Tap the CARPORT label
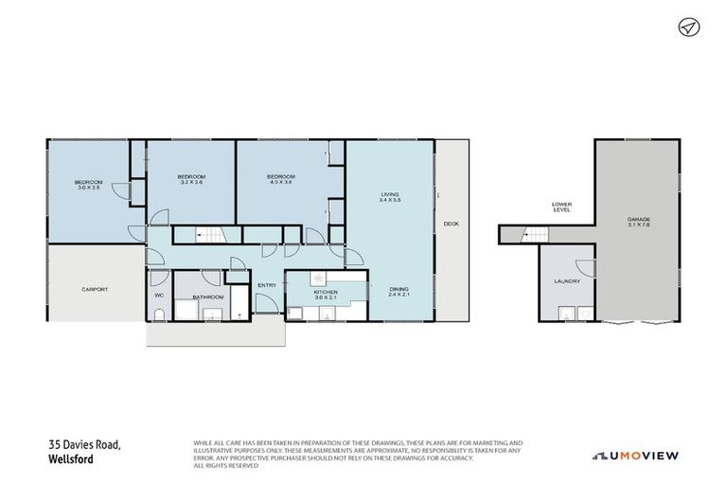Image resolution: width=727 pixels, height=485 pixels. click(x=94, y=289)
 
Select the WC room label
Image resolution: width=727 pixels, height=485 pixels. click(x=158, y=296)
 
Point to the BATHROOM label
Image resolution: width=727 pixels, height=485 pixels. click(x=207, y=297)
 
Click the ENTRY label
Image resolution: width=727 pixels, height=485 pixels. click(x=266, y=284)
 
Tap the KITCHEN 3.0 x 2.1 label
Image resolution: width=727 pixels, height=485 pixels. click(x=326, y=295)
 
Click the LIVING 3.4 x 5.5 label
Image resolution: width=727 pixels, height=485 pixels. click(x=391, y=197)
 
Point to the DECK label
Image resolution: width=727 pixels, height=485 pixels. click(x=452, y=224)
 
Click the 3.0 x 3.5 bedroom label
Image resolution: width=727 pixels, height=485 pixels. click(x=89, y=185)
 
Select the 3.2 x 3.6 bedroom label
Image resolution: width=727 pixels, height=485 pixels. click(x=192, y=179)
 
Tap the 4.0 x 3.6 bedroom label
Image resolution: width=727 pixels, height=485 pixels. click(x=280, y=179)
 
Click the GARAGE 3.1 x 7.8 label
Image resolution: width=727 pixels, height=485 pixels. click(x=638, y=223)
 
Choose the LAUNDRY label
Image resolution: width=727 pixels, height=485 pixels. click(x=567, y=281)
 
